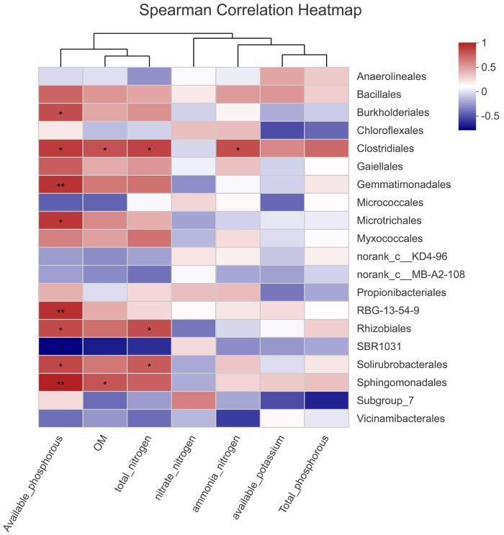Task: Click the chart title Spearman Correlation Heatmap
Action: tap(252, 12)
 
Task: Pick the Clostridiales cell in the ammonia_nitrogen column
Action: tap(238, 149)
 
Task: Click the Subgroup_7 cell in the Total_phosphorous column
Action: tap(327, 401)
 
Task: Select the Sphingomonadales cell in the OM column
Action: tap(105, 383)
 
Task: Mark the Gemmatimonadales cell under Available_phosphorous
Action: tap(60, 185)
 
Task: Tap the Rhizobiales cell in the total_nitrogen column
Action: tap(149, 329)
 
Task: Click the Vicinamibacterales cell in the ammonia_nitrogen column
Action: tap(238, 419)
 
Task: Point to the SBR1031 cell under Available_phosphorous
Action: tap(60, 347)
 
